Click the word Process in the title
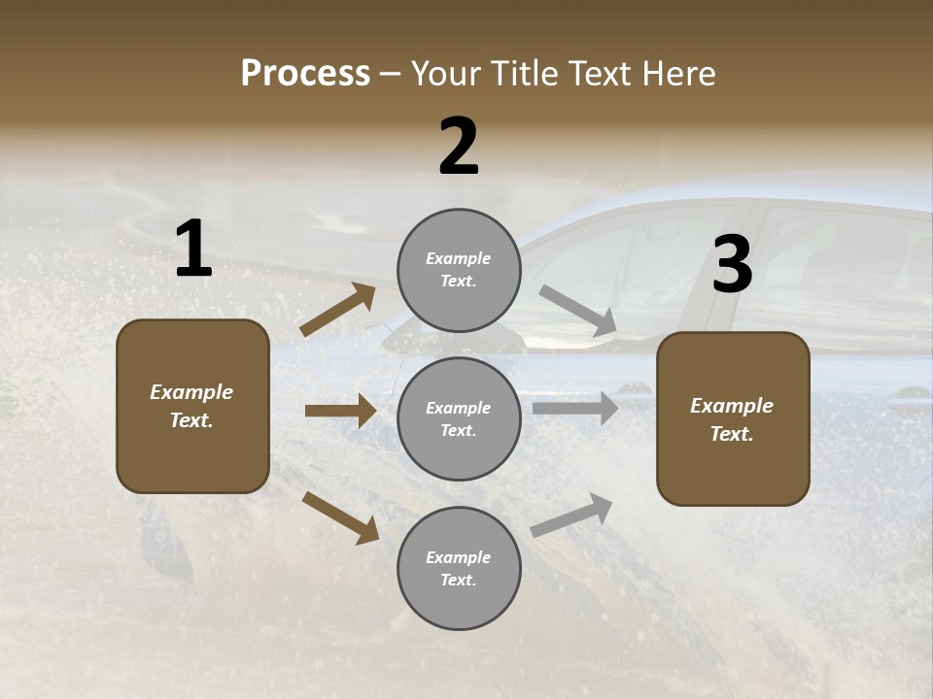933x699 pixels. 305,74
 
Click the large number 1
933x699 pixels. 193,250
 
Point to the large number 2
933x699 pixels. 459,147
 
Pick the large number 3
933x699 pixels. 732,265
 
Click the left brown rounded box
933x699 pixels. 192,406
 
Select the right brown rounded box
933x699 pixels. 733,418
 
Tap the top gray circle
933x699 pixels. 459,270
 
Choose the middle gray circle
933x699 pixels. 459,418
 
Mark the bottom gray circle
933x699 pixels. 459,568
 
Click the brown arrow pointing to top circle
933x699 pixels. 337,310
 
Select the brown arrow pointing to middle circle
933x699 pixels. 340,411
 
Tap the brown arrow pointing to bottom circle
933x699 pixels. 340,516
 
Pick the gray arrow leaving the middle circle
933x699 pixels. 575,408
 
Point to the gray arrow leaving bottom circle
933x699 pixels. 572,515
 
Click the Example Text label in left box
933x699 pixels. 191,406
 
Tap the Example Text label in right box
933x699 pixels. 732,419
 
